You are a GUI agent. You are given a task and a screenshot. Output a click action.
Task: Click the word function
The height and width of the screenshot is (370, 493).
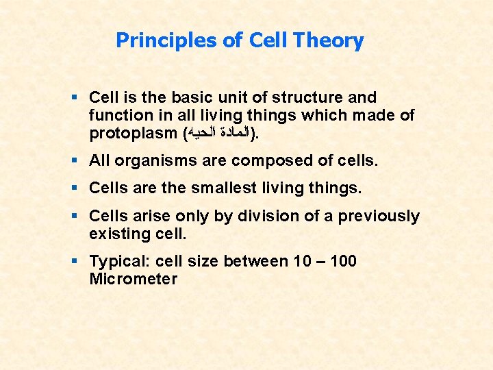tap(118, 116)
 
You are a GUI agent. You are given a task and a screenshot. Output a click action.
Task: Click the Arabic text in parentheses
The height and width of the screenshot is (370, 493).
tap(219, 134)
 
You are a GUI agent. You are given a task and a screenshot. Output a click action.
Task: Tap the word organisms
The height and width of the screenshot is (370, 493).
tap(149, 161)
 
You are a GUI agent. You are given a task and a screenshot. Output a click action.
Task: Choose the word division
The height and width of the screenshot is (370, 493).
tap(265, 216)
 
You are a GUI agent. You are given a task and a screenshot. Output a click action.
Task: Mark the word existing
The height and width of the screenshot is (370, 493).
tap(117, 234)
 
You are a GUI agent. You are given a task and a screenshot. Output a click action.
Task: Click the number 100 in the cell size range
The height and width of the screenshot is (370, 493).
tap(342, 261)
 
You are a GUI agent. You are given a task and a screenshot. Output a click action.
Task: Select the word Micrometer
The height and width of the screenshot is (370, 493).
tap(133, 279)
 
